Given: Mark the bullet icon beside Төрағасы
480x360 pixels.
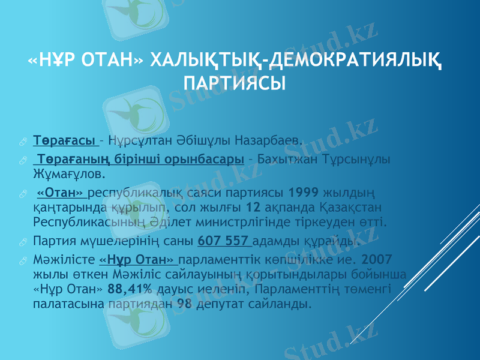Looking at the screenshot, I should pyautogui.click(x=22, y=141).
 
